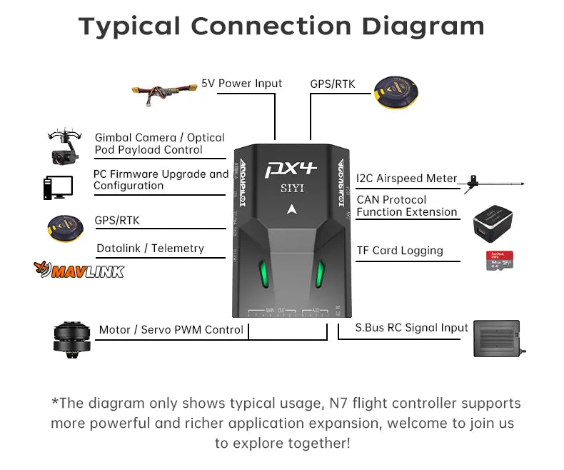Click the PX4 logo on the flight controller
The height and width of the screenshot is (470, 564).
[291, 169]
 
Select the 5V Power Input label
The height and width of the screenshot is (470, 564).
[241, 84]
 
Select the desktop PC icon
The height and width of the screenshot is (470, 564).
[57, 187]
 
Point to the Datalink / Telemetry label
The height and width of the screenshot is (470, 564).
[150, 249]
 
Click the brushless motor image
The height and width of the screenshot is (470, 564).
[71, 339]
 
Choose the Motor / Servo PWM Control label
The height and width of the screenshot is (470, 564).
[171, 330]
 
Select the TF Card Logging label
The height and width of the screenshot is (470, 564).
[400, 251]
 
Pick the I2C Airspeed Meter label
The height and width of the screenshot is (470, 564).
[406, 179]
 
